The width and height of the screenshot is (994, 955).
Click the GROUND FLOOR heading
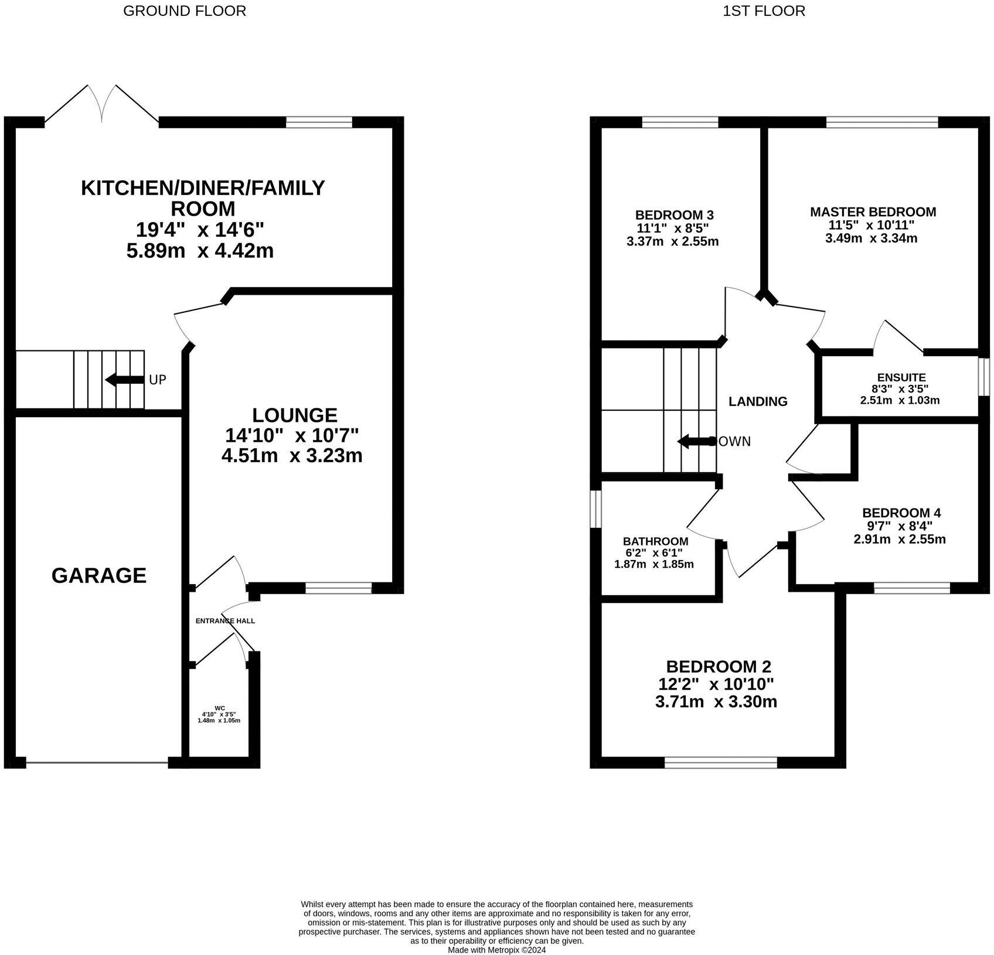[x=184, y=11]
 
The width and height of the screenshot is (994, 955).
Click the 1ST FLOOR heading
[x=764, y=11]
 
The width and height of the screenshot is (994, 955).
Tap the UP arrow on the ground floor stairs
[x=124, y=380]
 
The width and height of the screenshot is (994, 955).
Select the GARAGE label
[x=98, y=575]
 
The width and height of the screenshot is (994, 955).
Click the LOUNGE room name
[x=294, y=415]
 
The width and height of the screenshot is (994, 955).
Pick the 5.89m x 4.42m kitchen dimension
[x=200, y=251]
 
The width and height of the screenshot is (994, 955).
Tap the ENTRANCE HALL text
[x=225, y=620]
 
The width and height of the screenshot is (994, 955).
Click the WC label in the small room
[x=220, y=708]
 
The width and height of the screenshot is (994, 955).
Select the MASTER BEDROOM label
[x=873, y=212]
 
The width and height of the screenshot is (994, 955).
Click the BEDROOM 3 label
[x=674, y=214]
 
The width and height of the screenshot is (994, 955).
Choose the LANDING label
[x=757, y=401]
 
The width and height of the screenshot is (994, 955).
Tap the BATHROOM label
[x=655, y=541]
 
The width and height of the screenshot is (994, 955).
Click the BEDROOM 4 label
[x=901, y=513]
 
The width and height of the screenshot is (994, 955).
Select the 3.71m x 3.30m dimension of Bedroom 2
[x=716, y=701]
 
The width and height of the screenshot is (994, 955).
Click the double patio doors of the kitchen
[x=102, y=105]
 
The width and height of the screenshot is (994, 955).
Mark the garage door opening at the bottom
[x=97, y=762]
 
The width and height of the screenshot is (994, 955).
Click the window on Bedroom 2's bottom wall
[x=720, y=762]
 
